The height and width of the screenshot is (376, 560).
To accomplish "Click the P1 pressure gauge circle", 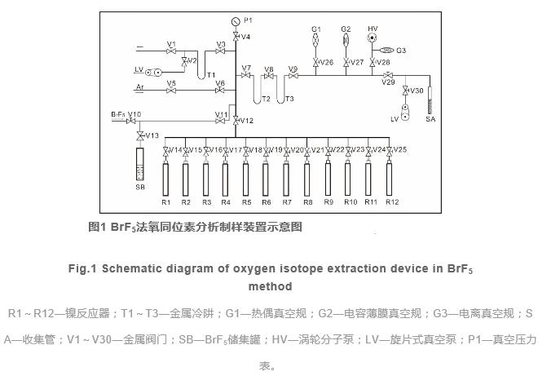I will coord(236,20).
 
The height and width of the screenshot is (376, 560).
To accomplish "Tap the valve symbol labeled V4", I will coord(236,36).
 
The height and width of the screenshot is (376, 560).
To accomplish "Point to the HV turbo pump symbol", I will coord(373,38).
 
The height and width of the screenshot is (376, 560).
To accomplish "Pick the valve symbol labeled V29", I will coord(387,76).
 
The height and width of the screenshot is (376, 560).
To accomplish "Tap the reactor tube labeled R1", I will coord(165,179).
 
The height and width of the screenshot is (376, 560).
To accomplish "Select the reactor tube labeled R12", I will coord(391,179).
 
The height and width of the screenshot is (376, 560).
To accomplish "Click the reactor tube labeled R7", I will coord(287,179).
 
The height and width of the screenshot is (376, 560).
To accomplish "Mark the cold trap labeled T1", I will coord(201,70).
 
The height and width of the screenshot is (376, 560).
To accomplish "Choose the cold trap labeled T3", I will coord(280,86).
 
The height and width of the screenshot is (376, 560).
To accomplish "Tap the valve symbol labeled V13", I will coord(139,135).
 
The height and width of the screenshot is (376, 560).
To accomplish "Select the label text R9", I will coord(329,201).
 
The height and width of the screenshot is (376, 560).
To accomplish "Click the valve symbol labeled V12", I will coord(236,121).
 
